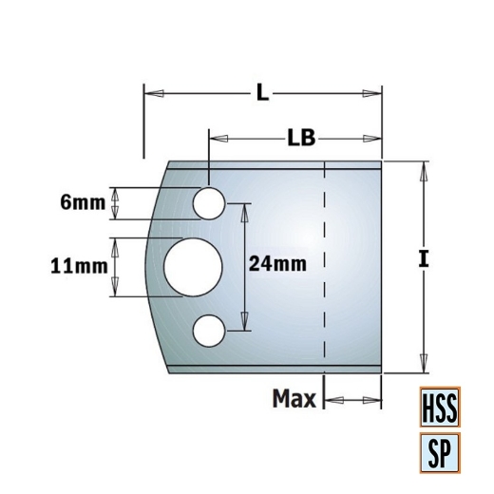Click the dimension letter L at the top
click(x=263, y=92)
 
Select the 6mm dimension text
click(x=81, y=201)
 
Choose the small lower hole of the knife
click(x=208, y=331)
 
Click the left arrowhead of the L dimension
click(x=150, y=92)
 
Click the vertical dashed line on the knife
click(x=324, y=266)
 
